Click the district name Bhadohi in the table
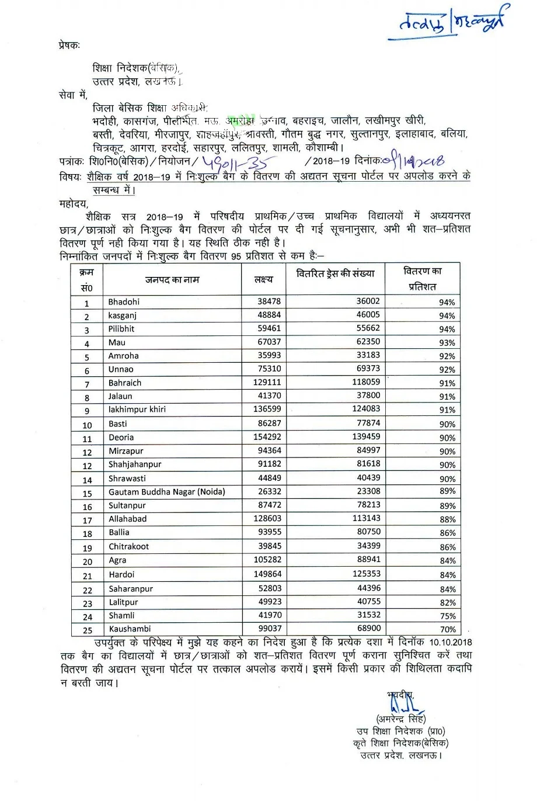(x=124, y=302)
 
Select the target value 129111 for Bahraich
(x=267, y=383)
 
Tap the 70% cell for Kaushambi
(x=448, y=630)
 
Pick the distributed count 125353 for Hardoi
(x=366, y=574)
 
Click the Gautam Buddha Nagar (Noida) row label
(x=166, y=492)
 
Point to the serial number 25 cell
(x=88, y=630)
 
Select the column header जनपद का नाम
(x=172, y=280)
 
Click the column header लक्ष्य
(x=263, y=280)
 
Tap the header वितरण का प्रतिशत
(x=423, y=279)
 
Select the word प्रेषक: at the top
(x=69, y=44)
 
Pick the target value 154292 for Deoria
(x=267, y=437)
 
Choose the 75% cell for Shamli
(x=448, y=616)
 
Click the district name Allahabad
(x=127, y=519)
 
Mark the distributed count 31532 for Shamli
(x=366, y=615)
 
